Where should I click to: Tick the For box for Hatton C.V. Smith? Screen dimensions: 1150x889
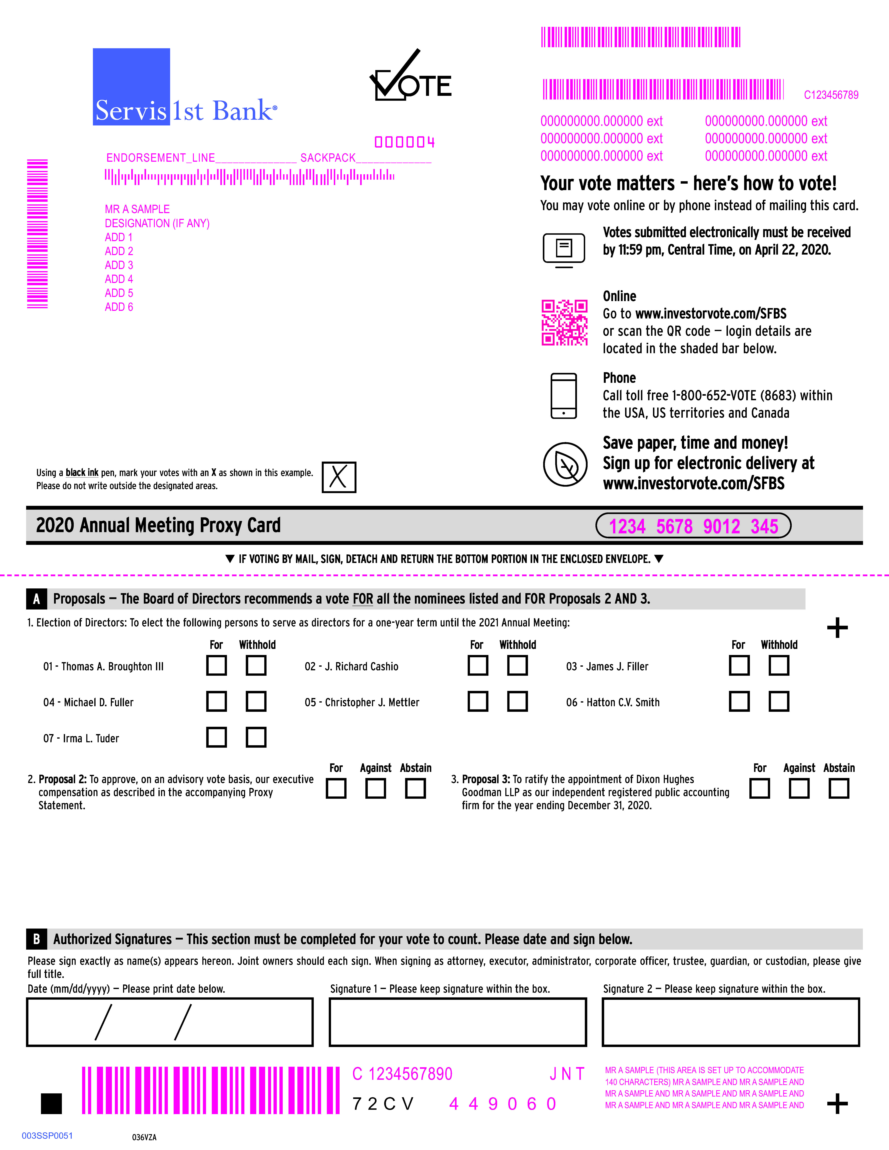point(739,701)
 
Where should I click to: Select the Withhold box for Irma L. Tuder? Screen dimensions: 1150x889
point(256,737)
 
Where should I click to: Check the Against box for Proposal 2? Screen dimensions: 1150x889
point(375,788)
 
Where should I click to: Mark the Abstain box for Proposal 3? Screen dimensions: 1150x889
point(838,788)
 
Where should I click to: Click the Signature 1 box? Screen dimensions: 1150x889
point(458,1022)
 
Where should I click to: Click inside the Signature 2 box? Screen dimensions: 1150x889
point(731,1022)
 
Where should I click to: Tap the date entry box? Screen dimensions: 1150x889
point(170,1022)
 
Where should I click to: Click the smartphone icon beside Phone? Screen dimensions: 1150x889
point(564,396)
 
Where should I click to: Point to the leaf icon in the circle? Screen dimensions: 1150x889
point(565,464)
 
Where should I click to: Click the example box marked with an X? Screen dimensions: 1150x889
point(339,477)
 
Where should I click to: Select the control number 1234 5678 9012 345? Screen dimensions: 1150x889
point(693,526)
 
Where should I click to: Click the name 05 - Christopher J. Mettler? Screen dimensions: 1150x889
point(362,702)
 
